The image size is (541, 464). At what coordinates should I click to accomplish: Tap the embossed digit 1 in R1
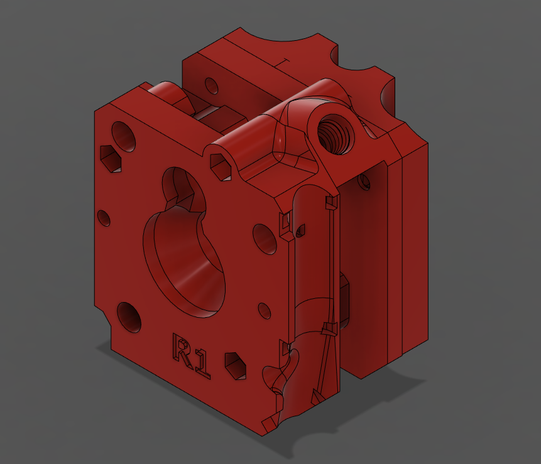click(201, 365)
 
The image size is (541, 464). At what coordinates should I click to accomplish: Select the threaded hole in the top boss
click(333, 134)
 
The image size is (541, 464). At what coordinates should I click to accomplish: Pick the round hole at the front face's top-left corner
click(123, 135)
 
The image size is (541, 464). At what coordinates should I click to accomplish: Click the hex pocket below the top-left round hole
click(111, 158)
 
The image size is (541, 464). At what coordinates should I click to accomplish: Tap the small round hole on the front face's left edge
click(104, 218)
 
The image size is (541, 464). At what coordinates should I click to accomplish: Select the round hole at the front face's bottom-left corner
click(129, 316)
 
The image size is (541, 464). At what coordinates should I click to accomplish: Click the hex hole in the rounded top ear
click(221, 165)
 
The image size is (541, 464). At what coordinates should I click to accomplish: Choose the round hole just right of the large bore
click(265, 238)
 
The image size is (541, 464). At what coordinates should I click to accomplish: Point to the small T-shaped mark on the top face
click(282, 62)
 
